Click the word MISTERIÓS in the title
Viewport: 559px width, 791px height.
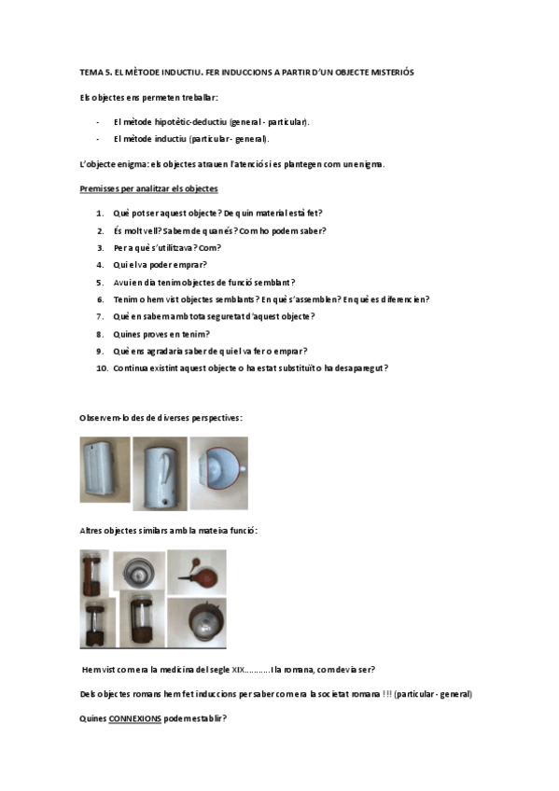pyautogui.click(x=391, y=72)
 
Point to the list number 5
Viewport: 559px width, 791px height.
pyautogui.click(x=100, y=282)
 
